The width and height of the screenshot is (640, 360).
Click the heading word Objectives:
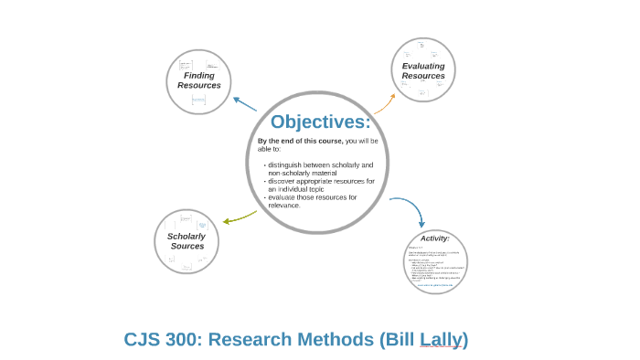(x=320, y=122)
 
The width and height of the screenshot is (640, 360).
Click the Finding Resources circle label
(x=199, y=80)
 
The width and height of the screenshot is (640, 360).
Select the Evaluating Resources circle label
(x=423, y=70)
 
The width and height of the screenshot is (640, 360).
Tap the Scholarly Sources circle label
(x=187, y=240)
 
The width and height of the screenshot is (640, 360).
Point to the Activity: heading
(x=435, y=238)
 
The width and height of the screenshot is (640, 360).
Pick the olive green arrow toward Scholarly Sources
(x=239, y=216)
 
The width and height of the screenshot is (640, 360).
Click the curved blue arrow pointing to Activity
(x=410, y=208)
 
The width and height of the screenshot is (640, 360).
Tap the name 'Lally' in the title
(x=440, y=339)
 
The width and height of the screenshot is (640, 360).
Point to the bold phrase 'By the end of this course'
(x=300, y=141)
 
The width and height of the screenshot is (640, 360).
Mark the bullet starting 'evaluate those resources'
(x=312, y=197)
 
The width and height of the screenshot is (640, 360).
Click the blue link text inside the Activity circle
(x=435, y=285)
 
